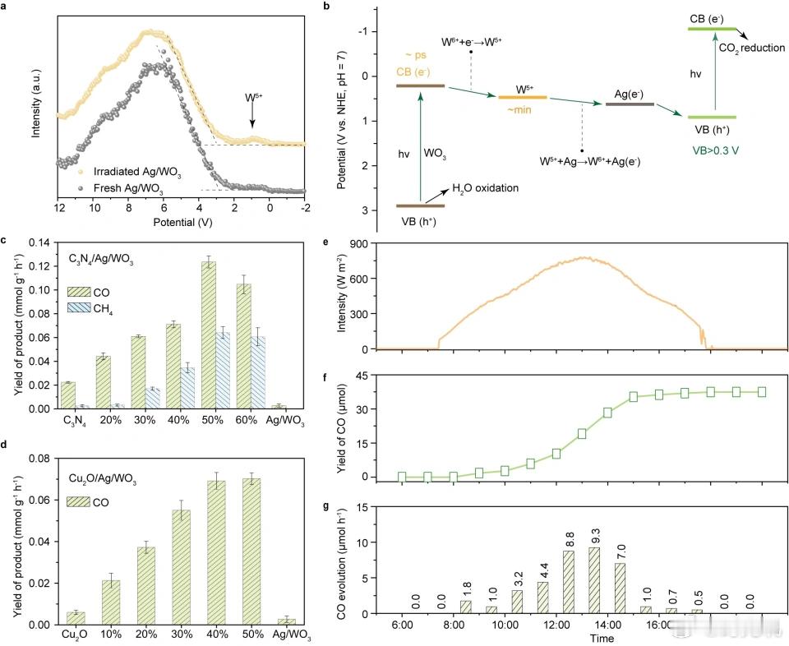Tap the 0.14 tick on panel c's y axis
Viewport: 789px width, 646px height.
point(39,242)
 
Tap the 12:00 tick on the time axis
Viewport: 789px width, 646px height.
point(556,624)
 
